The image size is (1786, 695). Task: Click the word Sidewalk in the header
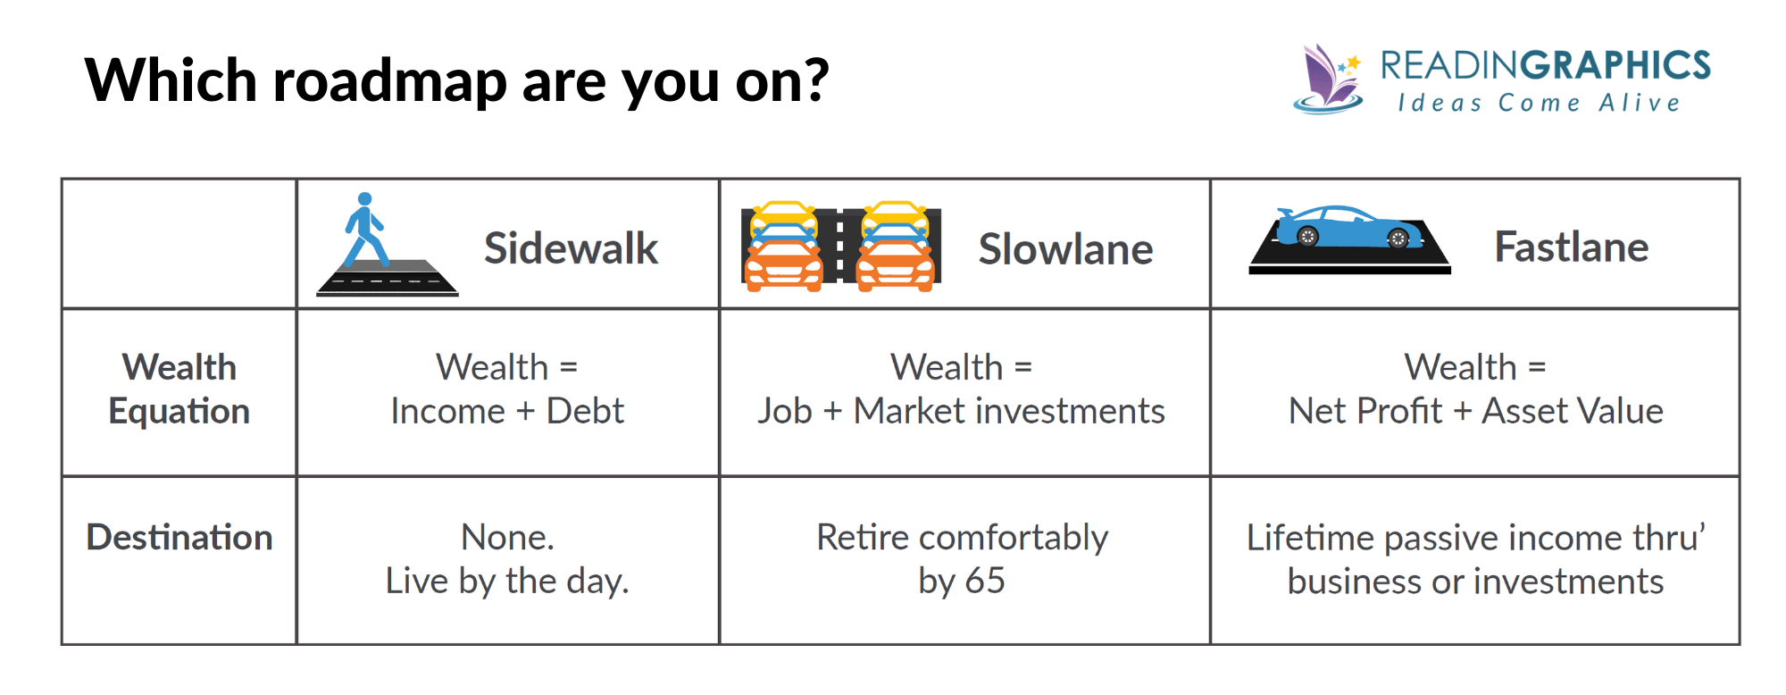coord(571,248)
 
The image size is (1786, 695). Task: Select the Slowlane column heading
coord(1065,249)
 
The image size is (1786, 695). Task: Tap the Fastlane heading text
coord(1571,247)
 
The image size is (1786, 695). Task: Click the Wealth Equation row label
coord(179,389)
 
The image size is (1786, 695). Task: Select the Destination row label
coord(179,537)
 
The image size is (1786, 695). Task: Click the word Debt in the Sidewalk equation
coord(585,411)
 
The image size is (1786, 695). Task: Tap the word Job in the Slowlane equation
coord(784,411)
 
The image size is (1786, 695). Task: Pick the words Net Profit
coord(1365,411)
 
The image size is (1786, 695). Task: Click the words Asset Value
coord(1573,411)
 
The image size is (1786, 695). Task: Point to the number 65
coord(985,581)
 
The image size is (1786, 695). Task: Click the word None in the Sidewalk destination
coord(505,537)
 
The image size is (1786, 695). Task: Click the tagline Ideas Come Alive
coord(1540,103)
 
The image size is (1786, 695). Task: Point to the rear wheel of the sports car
coord(1307,237)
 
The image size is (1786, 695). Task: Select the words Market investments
coord(1009,411)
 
